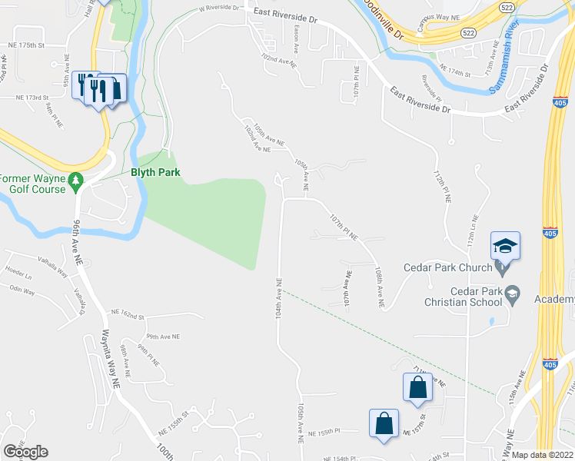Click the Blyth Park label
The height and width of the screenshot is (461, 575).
pos(155,172)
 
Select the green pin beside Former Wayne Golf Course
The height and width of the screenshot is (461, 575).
pos(75,181)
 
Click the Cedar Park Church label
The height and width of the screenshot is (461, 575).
pos(447,267)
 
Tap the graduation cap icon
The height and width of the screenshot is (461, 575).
pos(505,246)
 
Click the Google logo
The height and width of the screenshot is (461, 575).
pos(25,451)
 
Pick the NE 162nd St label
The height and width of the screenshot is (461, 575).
pos(127,313)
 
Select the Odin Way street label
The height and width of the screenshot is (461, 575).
pos(22,291)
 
